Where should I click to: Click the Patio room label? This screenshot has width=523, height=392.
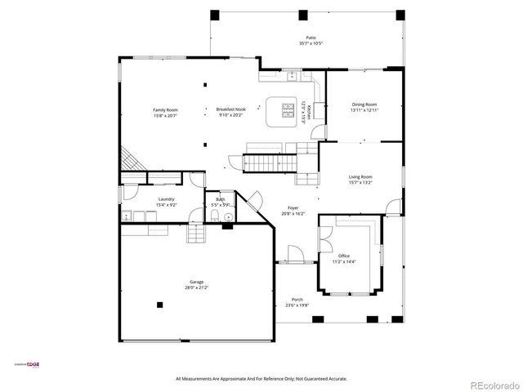coord(311,38)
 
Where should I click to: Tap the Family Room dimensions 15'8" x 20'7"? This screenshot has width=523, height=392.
coord(165,116)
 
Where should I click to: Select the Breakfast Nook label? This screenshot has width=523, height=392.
coord(231,109)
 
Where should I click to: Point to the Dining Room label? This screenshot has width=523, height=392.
coord(364,105)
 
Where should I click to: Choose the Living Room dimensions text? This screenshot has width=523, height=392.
coord(360,183)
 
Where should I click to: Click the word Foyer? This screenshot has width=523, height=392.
coord(293,207)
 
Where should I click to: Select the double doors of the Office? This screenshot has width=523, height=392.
coord(326,237)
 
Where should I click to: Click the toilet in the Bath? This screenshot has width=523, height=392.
coord(214,216)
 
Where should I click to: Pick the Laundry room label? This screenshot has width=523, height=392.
coord(167,198)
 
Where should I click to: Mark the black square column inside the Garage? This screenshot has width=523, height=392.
coord(160,305)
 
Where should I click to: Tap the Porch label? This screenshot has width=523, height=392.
coord(297,300)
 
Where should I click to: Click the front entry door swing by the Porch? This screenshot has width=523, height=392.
coord(296,255)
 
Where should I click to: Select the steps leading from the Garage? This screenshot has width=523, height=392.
coord(196,235)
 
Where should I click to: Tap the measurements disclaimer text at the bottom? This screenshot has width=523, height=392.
coord(261,379)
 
